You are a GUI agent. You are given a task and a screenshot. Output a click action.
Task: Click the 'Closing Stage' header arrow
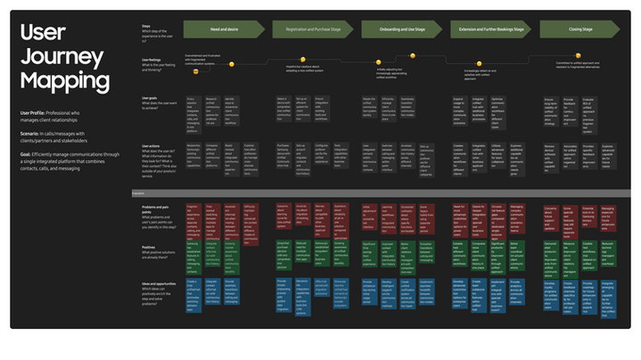[x=581, y=29]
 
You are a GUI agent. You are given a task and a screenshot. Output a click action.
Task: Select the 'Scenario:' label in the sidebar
[x=32, y=134]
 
